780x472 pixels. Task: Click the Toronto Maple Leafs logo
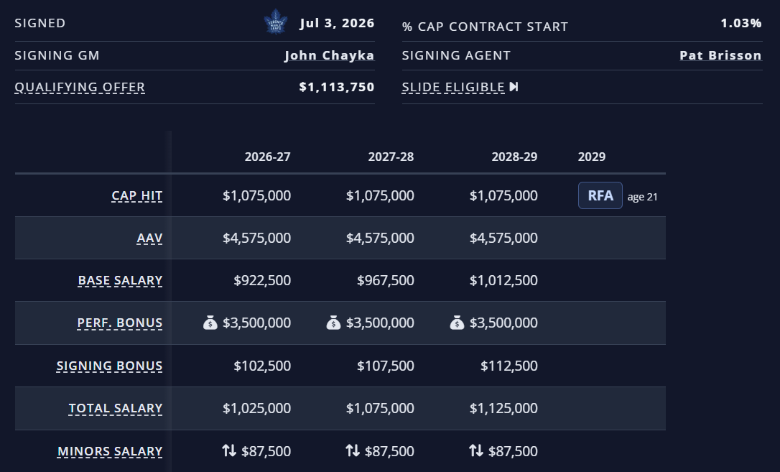276,22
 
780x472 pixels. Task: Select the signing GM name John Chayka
330,55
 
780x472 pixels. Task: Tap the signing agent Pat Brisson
720,55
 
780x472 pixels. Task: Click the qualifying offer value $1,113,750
336,87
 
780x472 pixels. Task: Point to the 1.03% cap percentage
741,23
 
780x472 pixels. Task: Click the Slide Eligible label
453,87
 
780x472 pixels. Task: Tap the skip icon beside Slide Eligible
514,87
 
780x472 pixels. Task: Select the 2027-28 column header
391,157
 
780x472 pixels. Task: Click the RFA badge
600,195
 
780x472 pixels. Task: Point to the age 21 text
643,197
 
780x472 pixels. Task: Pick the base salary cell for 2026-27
262,280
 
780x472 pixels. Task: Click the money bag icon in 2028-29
458,323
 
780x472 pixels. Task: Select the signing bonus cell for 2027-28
386,366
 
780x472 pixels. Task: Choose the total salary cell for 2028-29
503,408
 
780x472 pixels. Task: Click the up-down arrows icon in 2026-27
229,450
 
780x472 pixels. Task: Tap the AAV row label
149,239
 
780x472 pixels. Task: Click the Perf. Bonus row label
120,323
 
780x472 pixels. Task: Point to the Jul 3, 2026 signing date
338,24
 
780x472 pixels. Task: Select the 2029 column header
592,157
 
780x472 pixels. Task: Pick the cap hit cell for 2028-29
503,196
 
